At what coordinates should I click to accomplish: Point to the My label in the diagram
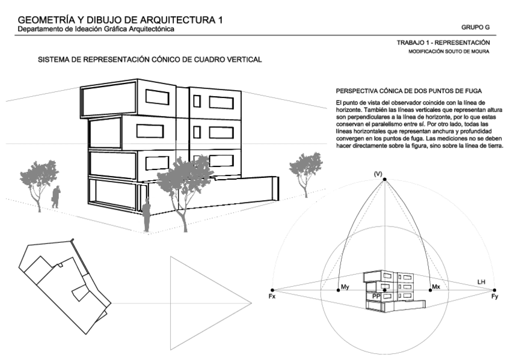[x=345, y=287]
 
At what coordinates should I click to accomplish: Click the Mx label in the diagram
[x=437, y=288]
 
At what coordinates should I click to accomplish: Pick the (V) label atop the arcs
[x=378, y=174]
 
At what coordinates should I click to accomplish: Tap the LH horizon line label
[x=481, y=282]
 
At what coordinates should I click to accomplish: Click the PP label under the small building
[x=376, y=296]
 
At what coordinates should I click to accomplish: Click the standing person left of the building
[x=56, y=197]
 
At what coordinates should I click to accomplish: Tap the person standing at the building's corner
[x=146, y=216]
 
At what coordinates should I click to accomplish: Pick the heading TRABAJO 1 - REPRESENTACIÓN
[x=443, y=43]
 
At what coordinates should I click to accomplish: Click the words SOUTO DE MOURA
[x=468, y=52]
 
